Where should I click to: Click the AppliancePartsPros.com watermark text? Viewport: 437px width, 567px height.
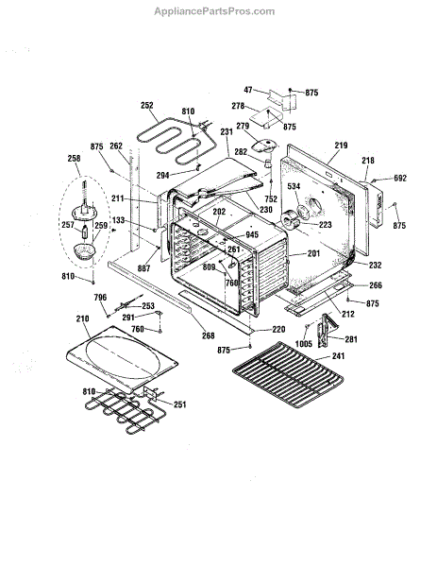(214, 11)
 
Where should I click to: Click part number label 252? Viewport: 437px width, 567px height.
(147, 105)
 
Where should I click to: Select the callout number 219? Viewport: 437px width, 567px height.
(341, 146)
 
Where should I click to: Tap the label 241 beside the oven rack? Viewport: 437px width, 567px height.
(338, 356)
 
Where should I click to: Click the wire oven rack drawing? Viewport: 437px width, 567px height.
(288, 374)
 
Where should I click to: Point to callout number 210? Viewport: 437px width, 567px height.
(83, 318)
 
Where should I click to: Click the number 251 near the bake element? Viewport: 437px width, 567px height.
(180, 404)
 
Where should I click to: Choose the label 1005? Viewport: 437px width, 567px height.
(303, 344)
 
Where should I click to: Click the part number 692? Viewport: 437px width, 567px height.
(400, 178)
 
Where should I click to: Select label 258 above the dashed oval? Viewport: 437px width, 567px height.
(74, 158)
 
